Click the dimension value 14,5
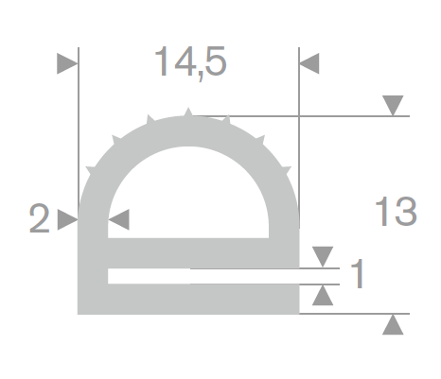(x=190, y=62)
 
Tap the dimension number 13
(x=397, y=212)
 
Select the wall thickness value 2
(x=40, y=218)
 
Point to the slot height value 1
(x=358, y=273)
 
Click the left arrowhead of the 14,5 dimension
(x=67, y=63)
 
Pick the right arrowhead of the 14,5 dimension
(x=309, y=63)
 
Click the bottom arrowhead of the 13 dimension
(x=393, y=324)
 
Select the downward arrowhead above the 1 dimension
(x=323, y=257)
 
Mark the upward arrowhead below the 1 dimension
(x=323, y=295)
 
